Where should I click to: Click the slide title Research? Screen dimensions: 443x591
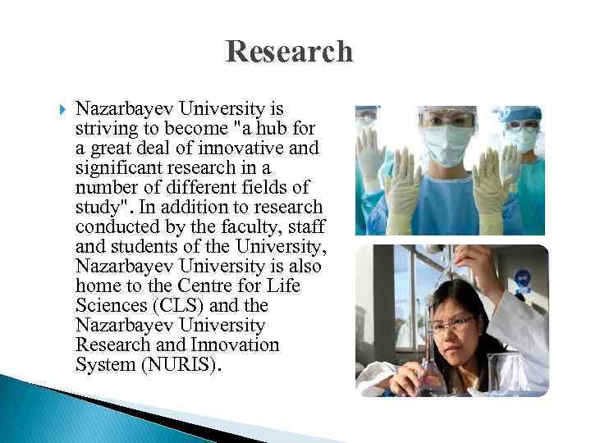290,52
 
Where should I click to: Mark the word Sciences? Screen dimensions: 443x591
108,305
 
